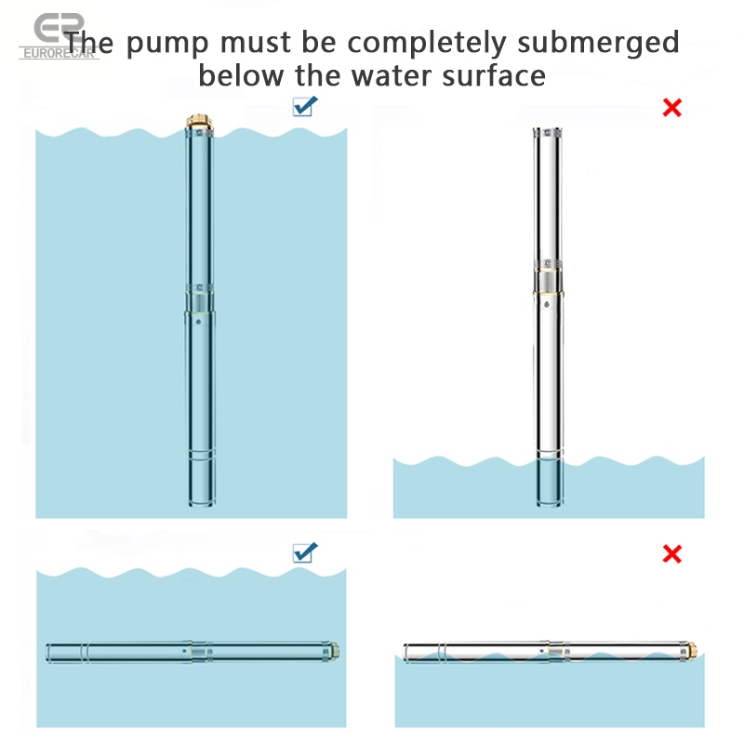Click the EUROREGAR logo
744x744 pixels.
click(58, 37)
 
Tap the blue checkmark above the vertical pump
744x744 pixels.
click(305, 106)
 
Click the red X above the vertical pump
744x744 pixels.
click(671, 107)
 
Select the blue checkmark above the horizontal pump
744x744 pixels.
click(305, 552)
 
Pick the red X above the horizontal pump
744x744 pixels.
click(671, 554)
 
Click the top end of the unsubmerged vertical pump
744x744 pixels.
click(550, 133)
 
